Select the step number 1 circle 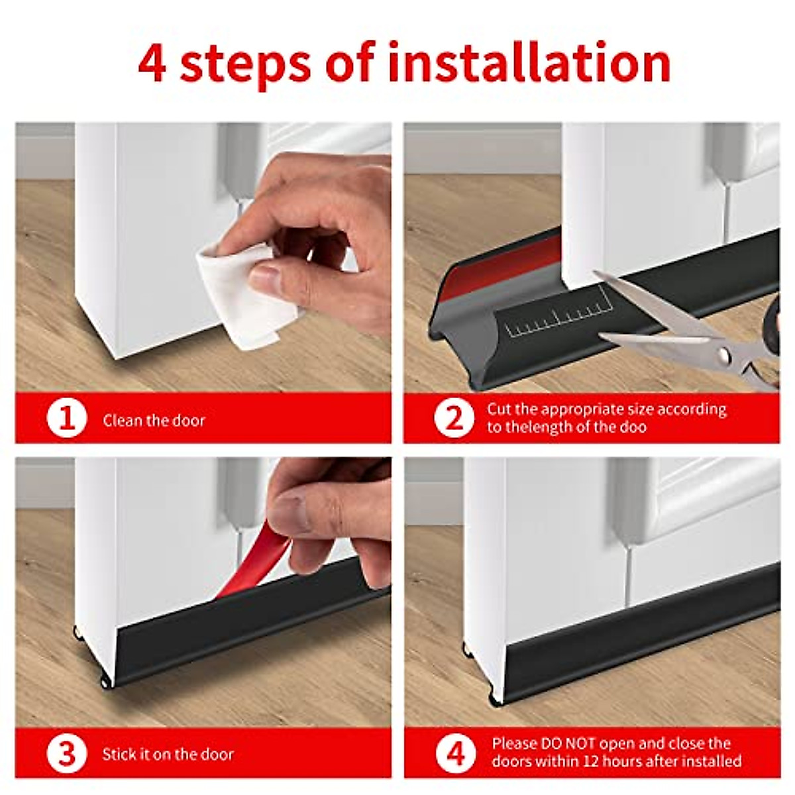[x=67, y=419]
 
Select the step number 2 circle [x=454, y=418]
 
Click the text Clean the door [x=154, y=420]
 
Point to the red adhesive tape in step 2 [x=500, y=264]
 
